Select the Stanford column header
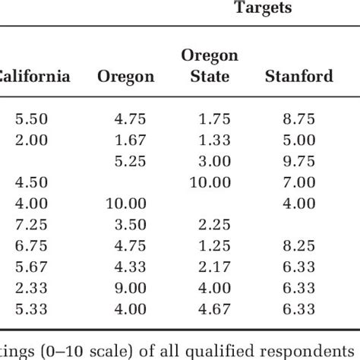298,76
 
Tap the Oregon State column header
210,66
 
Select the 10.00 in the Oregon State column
210,182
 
